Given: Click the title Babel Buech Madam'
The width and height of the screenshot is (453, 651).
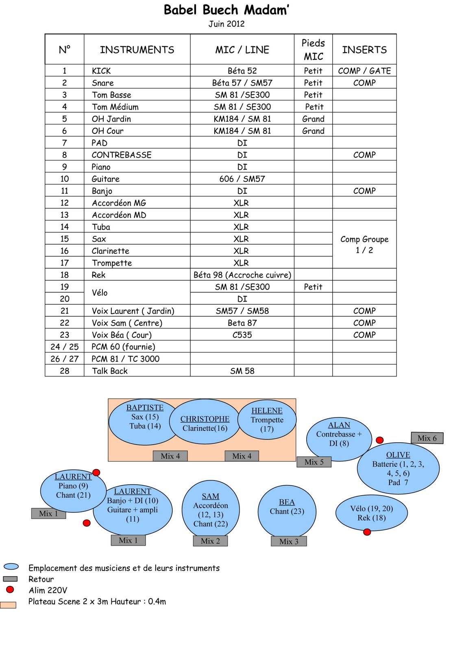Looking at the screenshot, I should [226, 10].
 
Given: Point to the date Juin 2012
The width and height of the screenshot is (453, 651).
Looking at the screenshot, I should [226, 24].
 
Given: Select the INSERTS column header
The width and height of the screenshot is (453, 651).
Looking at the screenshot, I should [364, 50].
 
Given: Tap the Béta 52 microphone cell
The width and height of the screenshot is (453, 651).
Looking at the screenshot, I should [242, 71].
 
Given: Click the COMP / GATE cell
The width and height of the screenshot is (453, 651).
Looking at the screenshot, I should [364, 71].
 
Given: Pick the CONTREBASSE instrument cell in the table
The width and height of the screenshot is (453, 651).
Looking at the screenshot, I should [122, 155].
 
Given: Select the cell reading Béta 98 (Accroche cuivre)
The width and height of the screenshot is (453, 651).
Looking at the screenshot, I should [242, 275].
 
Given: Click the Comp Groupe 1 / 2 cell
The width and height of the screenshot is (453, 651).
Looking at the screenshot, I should [364, 245].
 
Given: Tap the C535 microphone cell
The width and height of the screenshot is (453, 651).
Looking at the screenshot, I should [242, 335].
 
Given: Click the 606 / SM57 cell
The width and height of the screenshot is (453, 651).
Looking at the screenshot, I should [242, 179].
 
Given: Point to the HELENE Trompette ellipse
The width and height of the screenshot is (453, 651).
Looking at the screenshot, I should [267, 420].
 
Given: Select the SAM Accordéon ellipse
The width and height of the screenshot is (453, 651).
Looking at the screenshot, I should [210, 510].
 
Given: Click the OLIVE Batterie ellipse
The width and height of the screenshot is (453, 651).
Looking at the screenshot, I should [398, 468].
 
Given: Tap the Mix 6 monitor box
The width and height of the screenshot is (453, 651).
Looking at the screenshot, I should [427, 438].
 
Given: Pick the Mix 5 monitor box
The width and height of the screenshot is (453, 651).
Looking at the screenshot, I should [314, 462].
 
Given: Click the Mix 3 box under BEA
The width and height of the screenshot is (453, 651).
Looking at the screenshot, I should [289, 541].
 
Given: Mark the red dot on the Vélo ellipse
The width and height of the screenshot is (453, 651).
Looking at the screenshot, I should [367, 532].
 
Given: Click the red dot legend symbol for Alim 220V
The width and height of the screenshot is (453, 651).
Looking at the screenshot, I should [10, 590].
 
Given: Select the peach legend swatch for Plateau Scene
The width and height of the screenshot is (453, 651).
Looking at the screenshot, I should [8, 605].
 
